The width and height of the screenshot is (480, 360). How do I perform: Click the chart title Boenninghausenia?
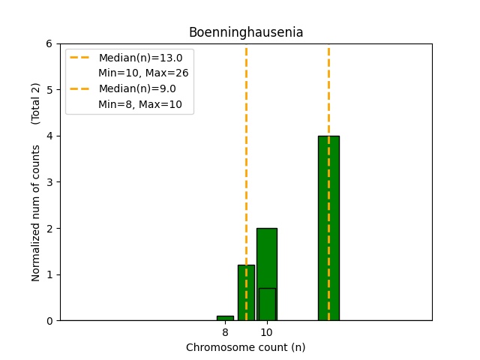pos(245,32)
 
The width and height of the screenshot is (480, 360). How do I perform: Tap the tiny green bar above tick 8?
pos(225,318)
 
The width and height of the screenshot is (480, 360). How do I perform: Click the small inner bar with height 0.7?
pos(266,304)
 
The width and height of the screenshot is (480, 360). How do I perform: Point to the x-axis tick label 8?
pos(225,331)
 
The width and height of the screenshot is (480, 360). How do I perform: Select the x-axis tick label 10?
pos(266,331)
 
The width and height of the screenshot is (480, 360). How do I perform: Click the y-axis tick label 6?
pos(49,43)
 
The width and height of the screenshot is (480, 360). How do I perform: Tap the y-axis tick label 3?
pos(49,182)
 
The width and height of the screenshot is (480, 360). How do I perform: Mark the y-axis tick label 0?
pos(49,321)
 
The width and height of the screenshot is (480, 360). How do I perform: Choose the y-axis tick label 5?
pos(49,90)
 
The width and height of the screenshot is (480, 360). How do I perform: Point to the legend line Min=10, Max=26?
pos(143,73)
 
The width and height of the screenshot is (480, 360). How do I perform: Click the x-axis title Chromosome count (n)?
pos(245,347)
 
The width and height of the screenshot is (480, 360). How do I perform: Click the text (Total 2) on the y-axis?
pos(36,103)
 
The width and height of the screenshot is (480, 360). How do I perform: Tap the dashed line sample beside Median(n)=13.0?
pos(80,58)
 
